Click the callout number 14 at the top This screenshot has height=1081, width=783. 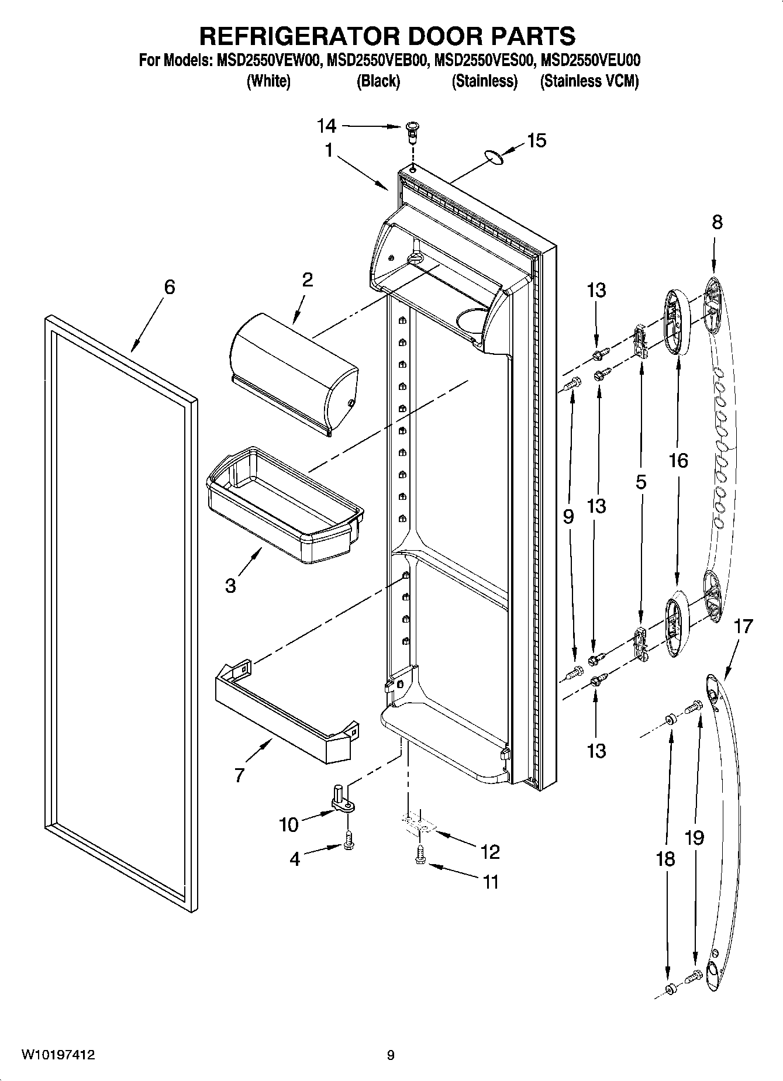(x=327, y=126)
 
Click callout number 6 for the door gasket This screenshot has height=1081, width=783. (x=169, y=287)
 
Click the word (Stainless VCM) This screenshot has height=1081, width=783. (x=589, y=81)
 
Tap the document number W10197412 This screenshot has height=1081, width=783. (x=58, y=1055)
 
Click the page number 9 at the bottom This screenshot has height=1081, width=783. (x=391, y=1055)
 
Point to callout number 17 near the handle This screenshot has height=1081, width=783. (x=743, y=626)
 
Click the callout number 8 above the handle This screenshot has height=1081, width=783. (x=717, y=222)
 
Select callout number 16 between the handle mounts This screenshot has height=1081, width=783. (x=678, y=461)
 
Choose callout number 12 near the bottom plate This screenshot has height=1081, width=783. (x=490, y=852)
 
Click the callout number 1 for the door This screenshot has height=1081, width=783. (x=329, y=151)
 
